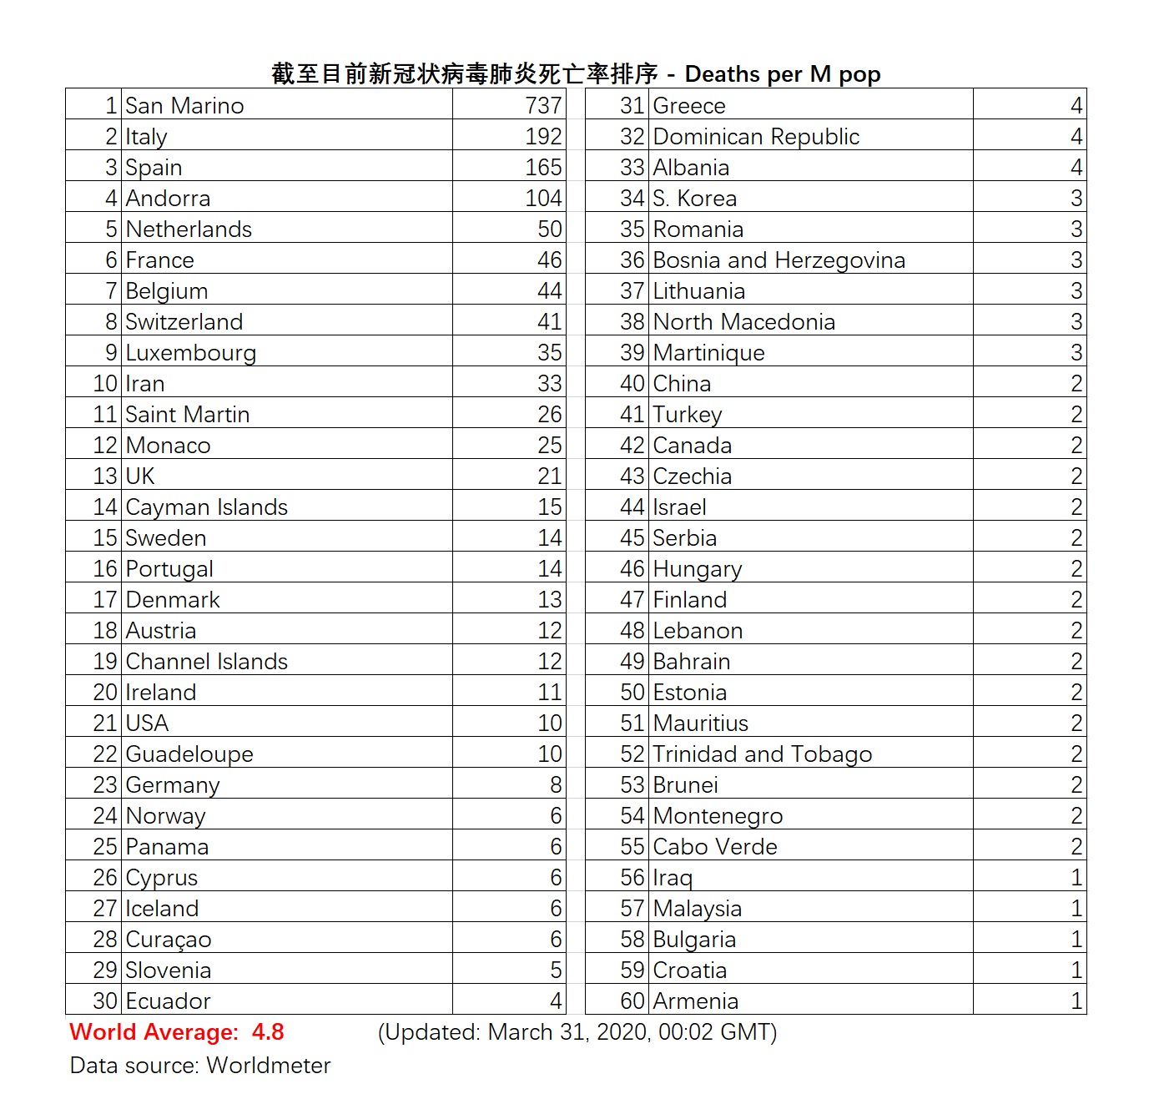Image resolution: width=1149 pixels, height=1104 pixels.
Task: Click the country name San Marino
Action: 184,106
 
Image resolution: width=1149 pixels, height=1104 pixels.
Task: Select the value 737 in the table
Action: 543,106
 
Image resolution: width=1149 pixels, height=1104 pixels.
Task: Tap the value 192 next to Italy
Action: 543,137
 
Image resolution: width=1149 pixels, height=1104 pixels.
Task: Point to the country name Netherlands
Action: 189,229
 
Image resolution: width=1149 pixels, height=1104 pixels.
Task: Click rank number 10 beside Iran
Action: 105,384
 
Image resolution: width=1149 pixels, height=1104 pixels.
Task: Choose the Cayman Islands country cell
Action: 206,507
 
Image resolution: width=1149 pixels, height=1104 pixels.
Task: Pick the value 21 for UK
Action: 549,476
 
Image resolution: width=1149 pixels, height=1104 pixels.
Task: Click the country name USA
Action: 147,723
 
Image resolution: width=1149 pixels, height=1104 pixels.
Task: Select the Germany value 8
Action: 556,785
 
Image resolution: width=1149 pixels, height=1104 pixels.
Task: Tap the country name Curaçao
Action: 169,940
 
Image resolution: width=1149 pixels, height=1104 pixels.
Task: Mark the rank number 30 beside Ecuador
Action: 105,1001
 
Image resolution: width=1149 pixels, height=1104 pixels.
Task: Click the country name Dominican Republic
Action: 756,137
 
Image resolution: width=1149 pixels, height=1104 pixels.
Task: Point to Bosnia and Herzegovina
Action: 779,260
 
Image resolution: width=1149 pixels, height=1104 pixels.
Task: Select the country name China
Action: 682,384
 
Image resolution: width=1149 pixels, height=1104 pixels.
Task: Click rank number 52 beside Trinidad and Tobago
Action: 632,754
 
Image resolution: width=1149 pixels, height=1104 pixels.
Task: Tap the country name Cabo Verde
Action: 715,847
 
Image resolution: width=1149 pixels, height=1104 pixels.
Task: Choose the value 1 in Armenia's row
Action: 1076,1001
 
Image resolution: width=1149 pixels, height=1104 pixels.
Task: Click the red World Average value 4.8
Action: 268,1032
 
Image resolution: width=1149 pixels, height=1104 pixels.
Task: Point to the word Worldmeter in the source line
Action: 269,1066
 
